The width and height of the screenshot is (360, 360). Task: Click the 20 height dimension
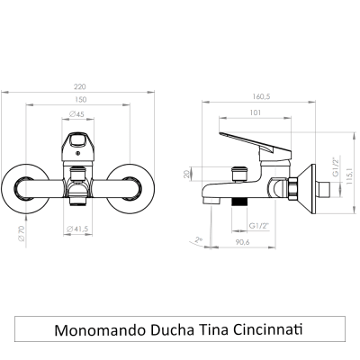point(186,174)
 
